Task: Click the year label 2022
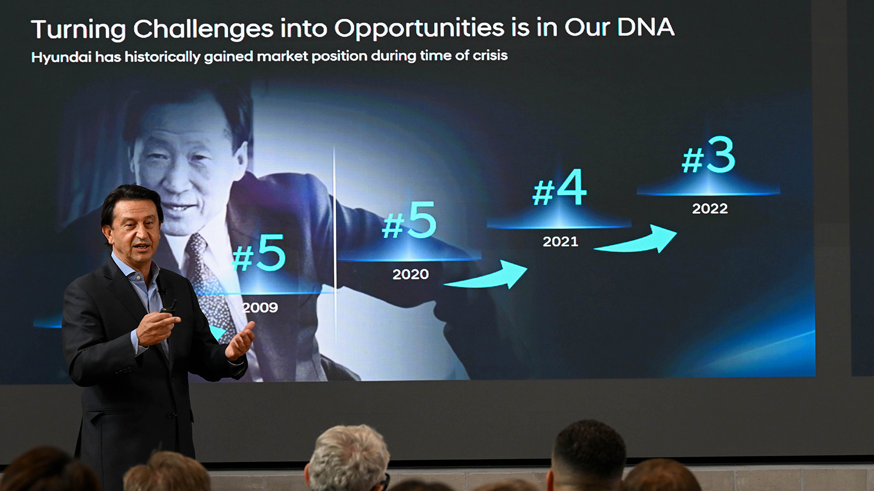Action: click(710, 208)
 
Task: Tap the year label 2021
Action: click(560, 242)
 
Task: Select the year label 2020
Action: click(410, 274)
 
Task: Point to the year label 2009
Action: click(261, 308)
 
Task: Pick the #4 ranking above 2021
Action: click(559, 188)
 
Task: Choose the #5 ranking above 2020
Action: click(410, 220)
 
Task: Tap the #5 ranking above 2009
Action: click(259, 254)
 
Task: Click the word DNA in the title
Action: click(646, 27)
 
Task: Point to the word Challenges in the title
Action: click(203, 29)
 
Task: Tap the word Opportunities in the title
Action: click(420, 28)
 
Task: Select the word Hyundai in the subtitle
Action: click(61, 57)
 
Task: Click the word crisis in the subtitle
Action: click(490, 55)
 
